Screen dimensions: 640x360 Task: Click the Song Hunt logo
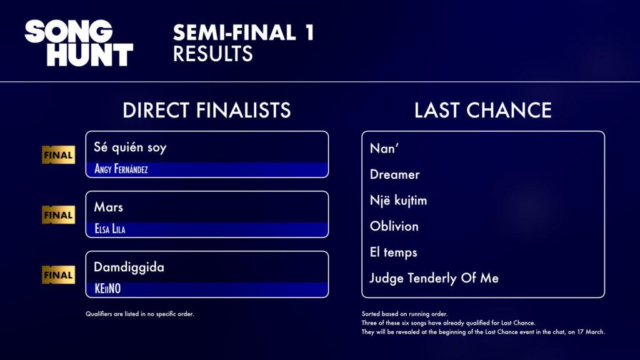(x=79, y=43)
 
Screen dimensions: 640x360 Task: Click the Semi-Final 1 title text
(x=243, y=32)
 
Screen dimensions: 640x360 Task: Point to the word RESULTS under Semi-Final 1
(x=212, y=54)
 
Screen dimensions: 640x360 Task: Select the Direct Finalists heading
(x=206, y=110)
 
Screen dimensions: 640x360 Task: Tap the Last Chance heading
(x=483, y=110)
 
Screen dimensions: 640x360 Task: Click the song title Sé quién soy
(x=130, y=147)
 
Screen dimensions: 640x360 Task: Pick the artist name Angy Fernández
(x=121, y=169)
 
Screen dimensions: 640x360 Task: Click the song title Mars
(x=108, y=207)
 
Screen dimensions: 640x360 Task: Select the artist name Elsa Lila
(x=110, y=229)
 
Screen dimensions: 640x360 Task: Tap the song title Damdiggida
(x=129, y=267)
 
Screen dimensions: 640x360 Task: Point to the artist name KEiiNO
(x=107, y=289)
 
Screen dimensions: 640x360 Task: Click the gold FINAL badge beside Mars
(x=58, y=215)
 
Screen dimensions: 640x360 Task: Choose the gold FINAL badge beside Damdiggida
(x=58, y=275)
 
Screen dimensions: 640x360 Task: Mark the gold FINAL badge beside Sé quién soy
(x=58, y=155)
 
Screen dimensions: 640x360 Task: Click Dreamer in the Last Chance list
(x=395, y=175)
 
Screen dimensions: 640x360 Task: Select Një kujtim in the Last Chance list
(x=398, y=201)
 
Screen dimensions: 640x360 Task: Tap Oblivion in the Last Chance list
(x=394, y=226)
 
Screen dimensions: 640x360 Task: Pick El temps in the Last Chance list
(x=394, y=252)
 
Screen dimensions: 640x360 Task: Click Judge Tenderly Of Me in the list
(x=434, y=278)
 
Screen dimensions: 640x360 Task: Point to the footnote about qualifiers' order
(x=139, y=314)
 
